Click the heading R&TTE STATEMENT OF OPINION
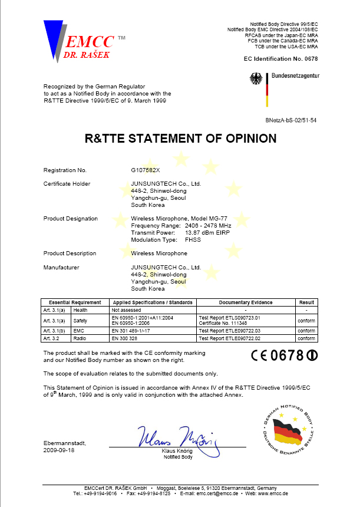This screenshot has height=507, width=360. tap(181, 139)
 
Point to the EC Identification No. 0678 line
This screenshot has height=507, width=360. tap(280, 60)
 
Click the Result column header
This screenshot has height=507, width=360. tap(306, 302)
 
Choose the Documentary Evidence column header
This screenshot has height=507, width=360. tap(246, 302)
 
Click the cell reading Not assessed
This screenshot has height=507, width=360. tap(125, 310)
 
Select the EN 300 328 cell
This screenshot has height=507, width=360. tap(126, 339)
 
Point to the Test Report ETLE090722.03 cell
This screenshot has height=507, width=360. tap(230, 332)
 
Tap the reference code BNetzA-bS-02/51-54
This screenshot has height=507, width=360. tap(292, 120)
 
